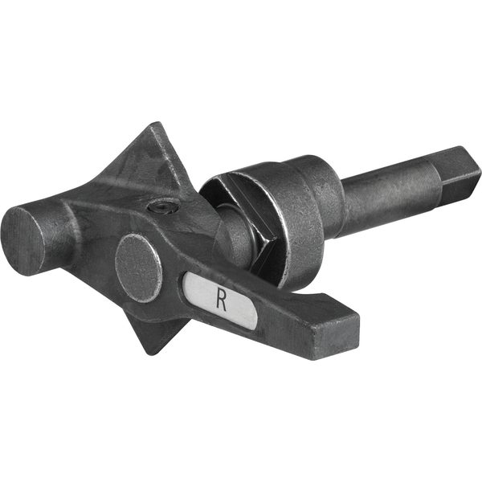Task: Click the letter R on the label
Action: click(221, 298)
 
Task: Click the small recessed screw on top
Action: click(164, 207)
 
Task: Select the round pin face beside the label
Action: click(138, 268)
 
